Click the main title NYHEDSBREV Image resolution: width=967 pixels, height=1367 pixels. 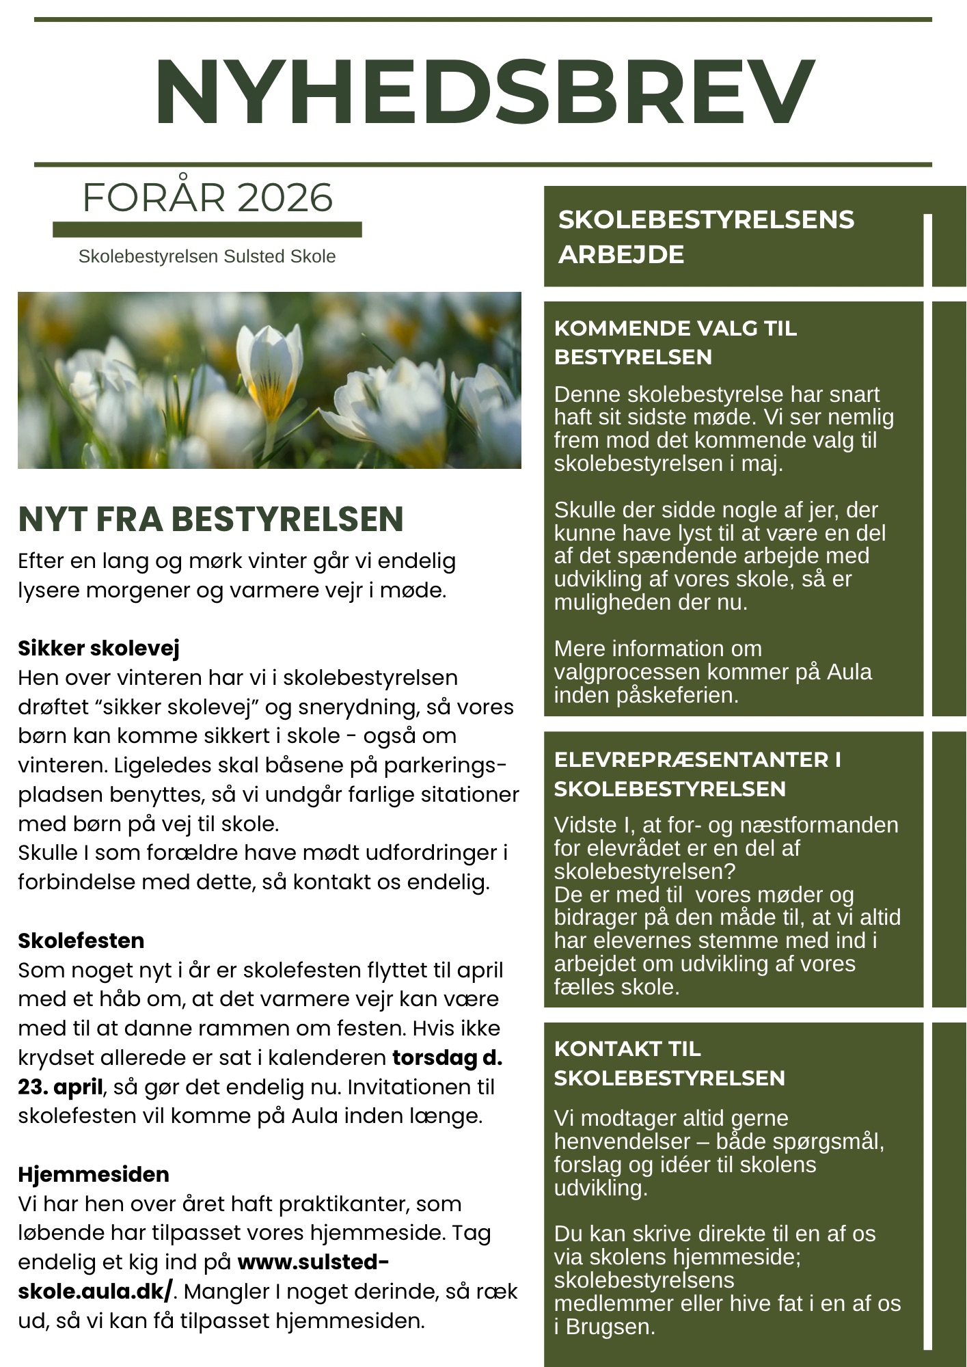(x=484, y=92)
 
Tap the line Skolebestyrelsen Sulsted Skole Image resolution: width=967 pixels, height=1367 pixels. (x=207, y=256)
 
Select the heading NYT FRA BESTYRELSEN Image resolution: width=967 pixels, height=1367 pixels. (x=210, y=519)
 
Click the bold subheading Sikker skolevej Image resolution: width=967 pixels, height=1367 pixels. (x=98, y=648)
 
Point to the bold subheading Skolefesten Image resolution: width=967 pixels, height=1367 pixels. (x=81, y=940)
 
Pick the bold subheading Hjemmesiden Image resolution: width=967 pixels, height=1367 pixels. (x=94, y=1174)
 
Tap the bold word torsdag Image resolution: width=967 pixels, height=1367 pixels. (x=435, y=1057)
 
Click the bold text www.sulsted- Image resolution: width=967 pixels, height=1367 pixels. (x=313, y=1262)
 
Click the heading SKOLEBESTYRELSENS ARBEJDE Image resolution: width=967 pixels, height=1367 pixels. (x=706, y=236)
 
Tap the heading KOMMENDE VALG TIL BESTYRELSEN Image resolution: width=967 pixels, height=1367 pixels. (x=675, y=342)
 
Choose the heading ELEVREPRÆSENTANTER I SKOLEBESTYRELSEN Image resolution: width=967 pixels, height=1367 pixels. (x=697, y=774)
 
